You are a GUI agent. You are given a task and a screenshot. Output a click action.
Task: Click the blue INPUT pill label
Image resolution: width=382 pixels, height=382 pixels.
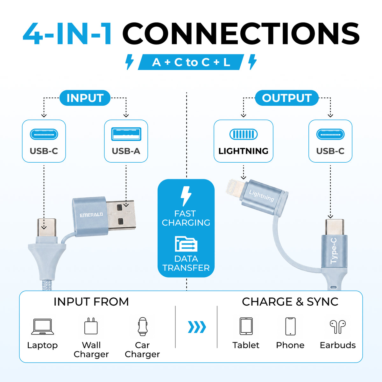[85, 98]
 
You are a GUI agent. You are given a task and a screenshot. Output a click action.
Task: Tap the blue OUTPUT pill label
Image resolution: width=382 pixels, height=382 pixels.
[286, 98]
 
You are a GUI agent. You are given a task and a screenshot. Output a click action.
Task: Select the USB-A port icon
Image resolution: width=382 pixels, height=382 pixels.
[126, 134]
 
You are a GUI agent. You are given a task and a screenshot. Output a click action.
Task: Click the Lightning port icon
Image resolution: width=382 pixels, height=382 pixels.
[244, 134]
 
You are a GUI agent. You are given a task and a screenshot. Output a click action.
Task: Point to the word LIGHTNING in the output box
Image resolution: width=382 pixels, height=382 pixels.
[243, 151]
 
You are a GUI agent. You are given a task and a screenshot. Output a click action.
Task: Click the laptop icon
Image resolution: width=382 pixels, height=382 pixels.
[42, 327]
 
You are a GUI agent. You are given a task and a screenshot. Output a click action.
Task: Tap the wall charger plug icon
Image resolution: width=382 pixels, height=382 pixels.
[91, 326]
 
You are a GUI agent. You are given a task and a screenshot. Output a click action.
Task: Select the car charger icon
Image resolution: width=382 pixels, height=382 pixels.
[143, 326]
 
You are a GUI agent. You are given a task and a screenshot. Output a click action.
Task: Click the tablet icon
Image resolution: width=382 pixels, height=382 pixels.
[246, 326]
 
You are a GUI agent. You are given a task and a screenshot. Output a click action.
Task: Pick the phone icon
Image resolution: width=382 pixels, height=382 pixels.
[290, 326]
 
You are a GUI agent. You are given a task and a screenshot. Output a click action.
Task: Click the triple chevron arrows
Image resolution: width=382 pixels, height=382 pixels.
[197, 327]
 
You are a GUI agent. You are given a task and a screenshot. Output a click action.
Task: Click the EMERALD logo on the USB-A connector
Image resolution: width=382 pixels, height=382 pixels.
[91, 215]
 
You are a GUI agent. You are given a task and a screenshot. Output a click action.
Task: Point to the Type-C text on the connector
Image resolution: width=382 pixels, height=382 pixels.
[334, 251]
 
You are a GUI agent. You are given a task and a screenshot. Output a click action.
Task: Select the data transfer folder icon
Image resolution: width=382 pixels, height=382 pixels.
[186, 244]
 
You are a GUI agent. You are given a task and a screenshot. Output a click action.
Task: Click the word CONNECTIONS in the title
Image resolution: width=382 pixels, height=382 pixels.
[241, 33]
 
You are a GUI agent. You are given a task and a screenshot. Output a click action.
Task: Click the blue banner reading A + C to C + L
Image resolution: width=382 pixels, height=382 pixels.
[191, 62]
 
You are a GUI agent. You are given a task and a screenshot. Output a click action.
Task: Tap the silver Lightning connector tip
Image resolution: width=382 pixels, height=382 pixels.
[235, 187]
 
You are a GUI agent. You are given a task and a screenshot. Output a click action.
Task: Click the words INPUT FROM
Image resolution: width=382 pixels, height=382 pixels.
[91, 302]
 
